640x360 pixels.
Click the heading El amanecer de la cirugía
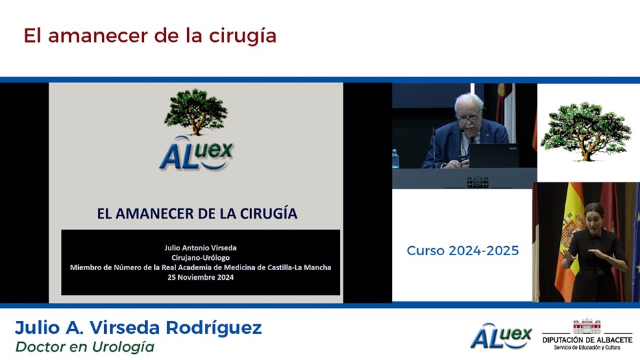pyautogui.click(x=150, y=36)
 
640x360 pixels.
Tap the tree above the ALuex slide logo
pyautogui.click(x=196, y=112)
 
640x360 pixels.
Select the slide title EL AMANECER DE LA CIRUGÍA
pyautogui.click(x=197, y=213)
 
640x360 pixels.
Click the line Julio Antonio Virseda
pyautogui.click(x=200, y=248)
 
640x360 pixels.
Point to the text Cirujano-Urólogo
pyautogui.click(x=200, y=257)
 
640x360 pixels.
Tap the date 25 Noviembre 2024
pyautogui.click(x=200, y=277)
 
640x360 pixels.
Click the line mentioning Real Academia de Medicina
pyautogui.click(x=200, y=267)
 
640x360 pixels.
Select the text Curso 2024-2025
pyautogui.click(x=463, y=250)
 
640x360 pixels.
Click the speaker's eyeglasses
pyautogui.click(x=469, y=118)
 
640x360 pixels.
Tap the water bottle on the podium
pyautogui.click(x=395, y=158)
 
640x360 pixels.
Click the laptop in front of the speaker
pyautogui.click(x=493, y=155)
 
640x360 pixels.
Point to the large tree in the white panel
pyautogui.click(x=586, y=131)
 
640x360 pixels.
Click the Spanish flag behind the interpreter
pyautogui.click(x=570, y=242)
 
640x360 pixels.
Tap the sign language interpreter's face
pyautogui.click(x=594, y=218)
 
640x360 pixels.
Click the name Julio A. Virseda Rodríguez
pyautogui.click(x=138, y=328)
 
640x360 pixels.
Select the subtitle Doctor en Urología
pyautogui.click(x=85, y=347)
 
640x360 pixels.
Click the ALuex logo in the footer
pyautogui.click(x=501, y=336)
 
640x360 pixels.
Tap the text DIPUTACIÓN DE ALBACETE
pyautogui.click(x=587, y=339)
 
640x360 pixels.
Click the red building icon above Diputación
pyautogui.click(x=587, y=326)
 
